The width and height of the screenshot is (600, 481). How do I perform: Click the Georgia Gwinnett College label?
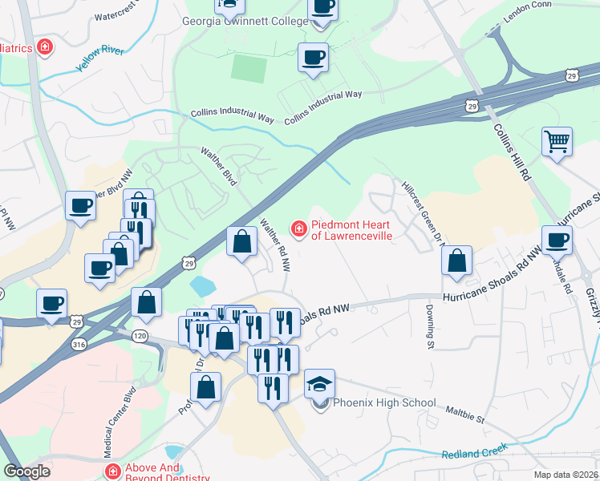tap(245, 22)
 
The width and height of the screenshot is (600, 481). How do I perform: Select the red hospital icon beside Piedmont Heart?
tap(298, 231)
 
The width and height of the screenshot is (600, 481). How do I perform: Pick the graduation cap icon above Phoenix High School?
tap(320, 382)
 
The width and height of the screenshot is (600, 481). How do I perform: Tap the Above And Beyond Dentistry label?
tap(167, 472)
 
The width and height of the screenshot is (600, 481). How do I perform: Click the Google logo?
tap(26, 471)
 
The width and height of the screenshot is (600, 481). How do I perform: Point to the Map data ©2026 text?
tap(566, 475)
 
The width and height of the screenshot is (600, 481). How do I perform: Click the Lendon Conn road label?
tap(528, 18)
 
